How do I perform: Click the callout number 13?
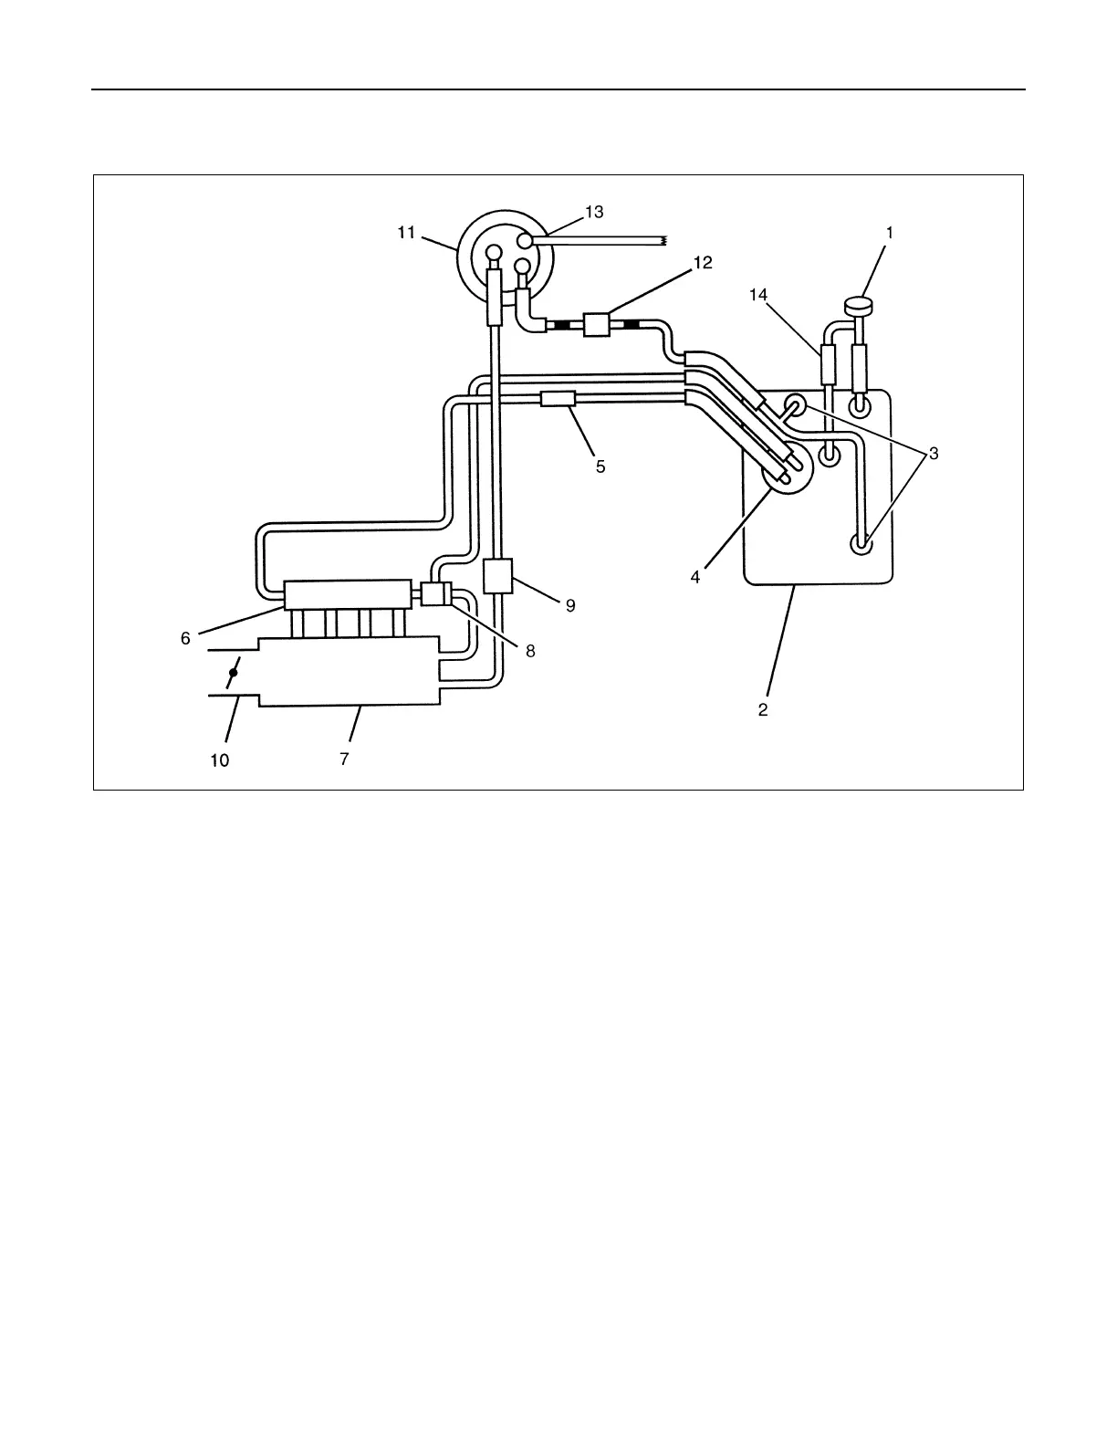point(594,213)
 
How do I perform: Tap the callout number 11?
point(406,233)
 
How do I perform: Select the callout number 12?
point(703,263)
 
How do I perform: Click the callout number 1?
point(889,233)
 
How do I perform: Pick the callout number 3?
point(934,455)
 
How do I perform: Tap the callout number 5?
point(600,466)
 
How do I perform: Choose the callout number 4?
point(695,578)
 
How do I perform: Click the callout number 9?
point(570,605)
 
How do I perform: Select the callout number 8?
point(530,651)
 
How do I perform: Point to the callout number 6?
point(185,639)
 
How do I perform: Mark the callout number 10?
point(221,760)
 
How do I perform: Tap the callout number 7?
point(344,759)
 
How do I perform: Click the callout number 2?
point(763,709)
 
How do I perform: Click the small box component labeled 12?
point(596,324)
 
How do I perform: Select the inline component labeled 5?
point(557,399)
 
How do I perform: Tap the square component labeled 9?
point(498,576)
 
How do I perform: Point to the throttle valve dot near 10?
point(234,673)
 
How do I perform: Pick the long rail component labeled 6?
point(346,595)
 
